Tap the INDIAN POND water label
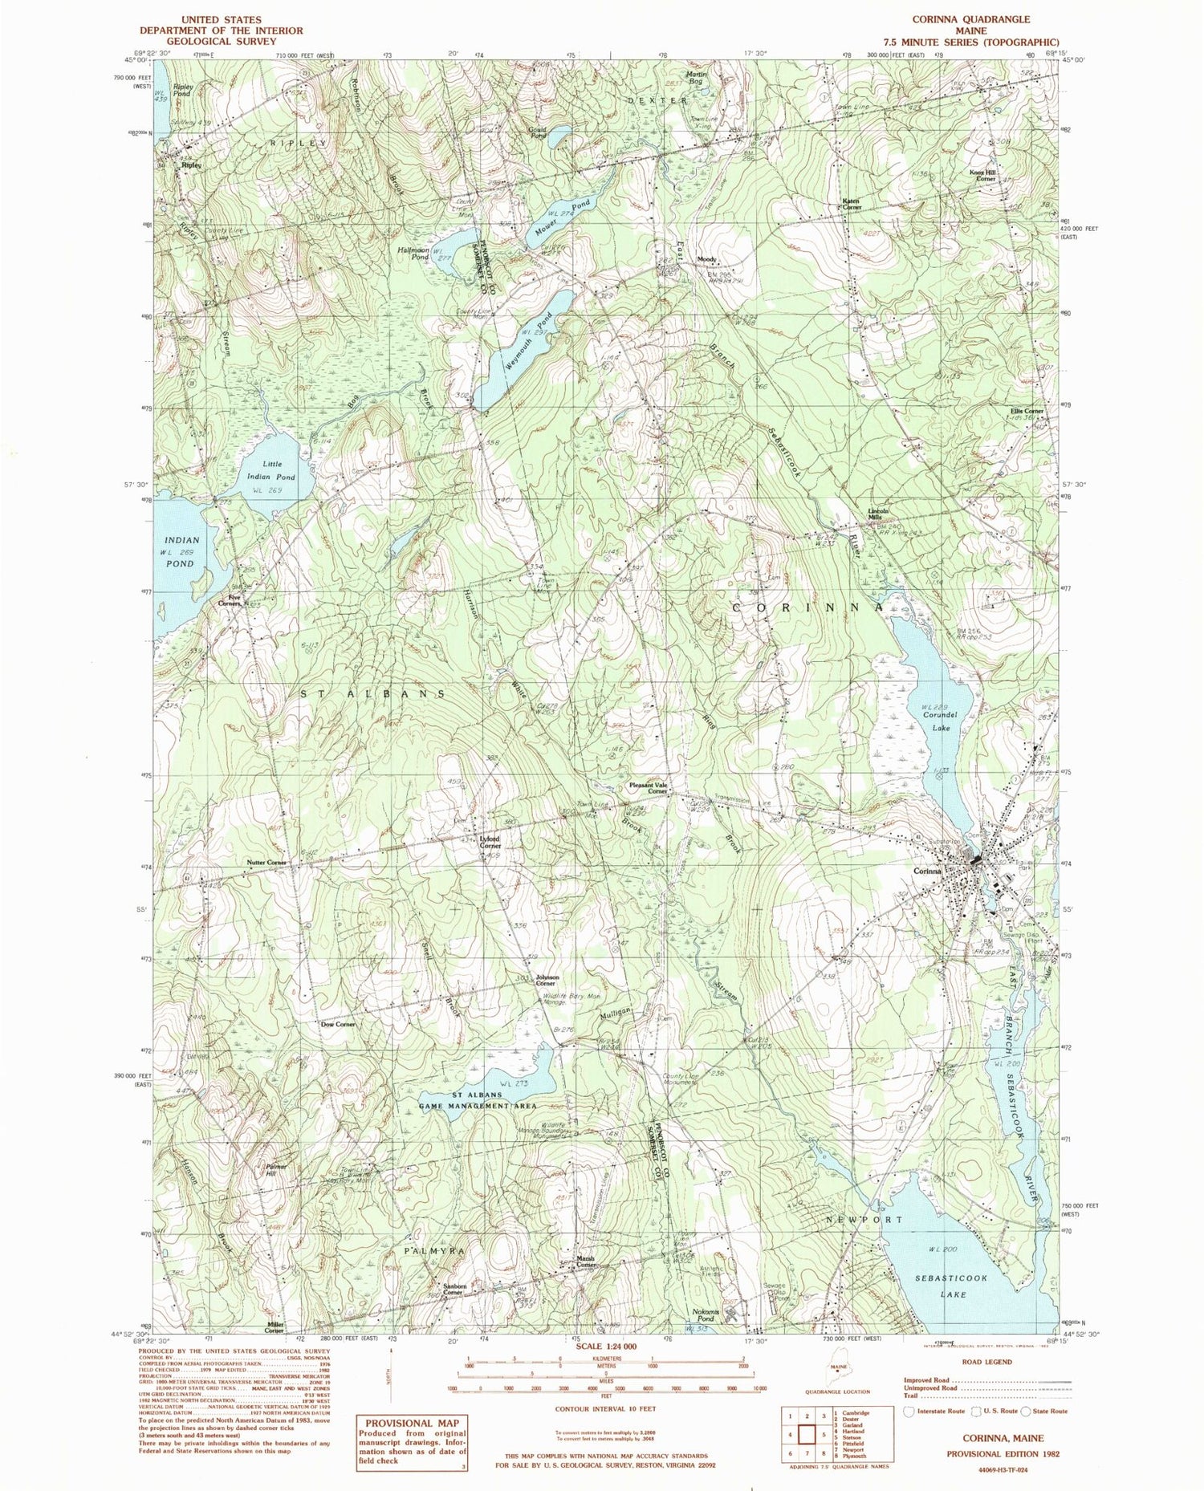(x=181, y=551)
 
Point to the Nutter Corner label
(x=266, y=863)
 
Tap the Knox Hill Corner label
(x=982, y=176)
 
